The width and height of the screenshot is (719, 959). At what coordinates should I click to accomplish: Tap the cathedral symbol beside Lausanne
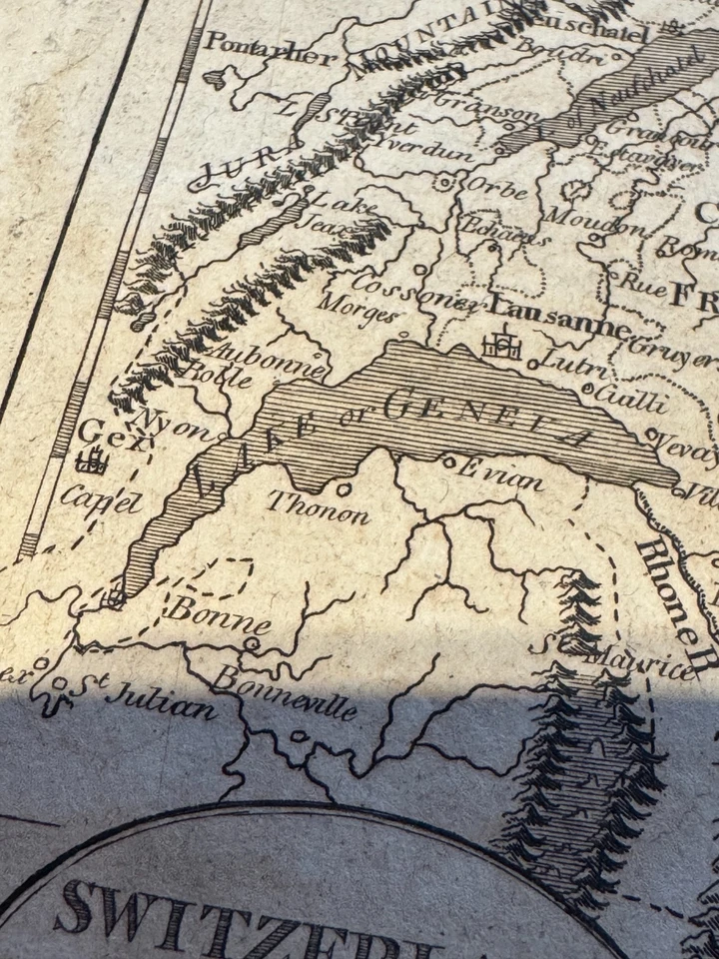(501, 346)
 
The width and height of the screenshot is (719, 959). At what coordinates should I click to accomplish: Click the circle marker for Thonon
(345, 488)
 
